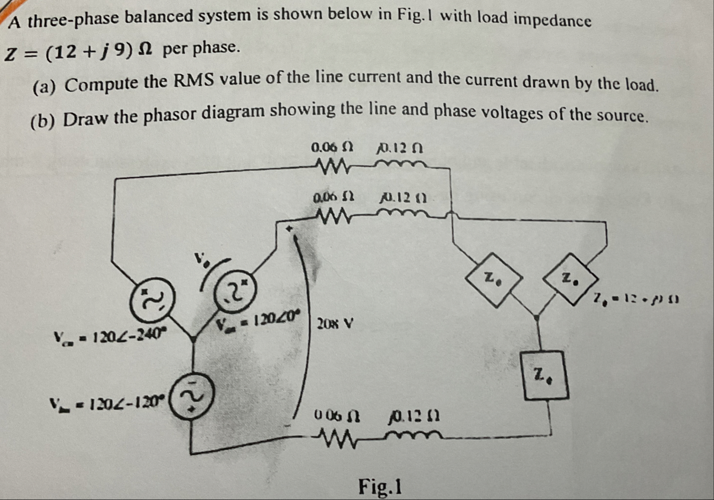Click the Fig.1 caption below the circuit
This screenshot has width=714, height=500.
[380, 486]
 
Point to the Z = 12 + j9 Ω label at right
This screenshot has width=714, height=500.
[635, 300]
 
